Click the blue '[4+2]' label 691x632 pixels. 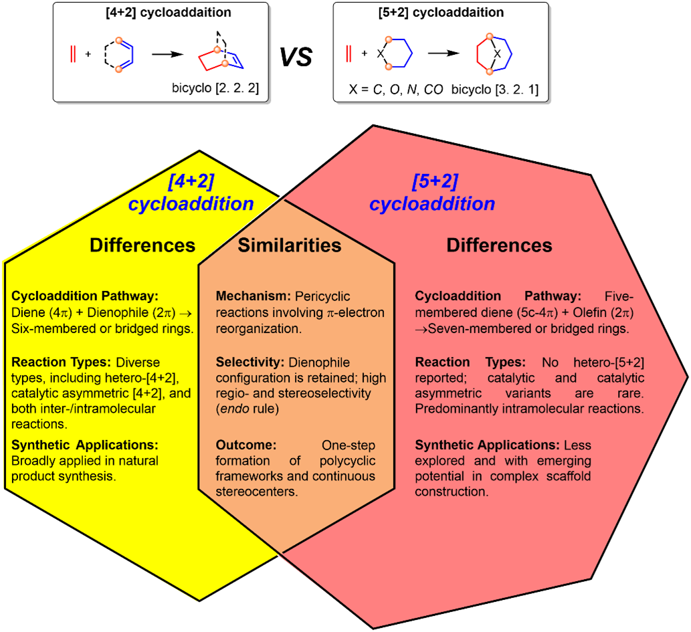coord(192,182)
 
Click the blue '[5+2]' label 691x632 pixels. coord(435,181)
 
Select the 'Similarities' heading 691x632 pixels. coord(290,245)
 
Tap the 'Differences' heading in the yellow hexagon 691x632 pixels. coord(142,245)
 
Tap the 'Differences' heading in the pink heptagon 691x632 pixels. coord(499,245)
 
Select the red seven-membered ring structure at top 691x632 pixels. coord(494,54)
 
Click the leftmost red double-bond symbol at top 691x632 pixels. coord(73,54)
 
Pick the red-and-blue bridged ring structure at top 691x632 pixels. coord(221,58)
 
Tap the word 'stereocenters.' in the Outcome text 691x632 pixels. coord(257,492)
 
